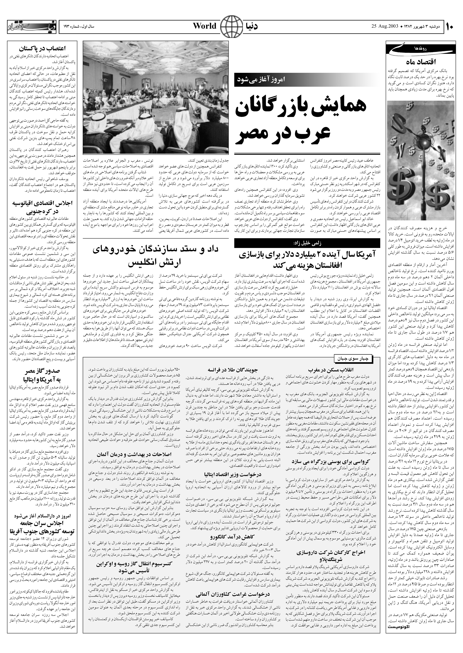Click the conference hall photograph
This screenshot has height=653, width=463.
[x=156, y=97]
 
